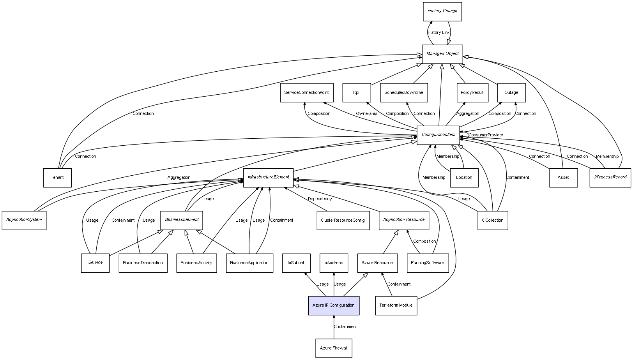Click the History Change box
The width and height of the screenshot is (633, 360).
442,11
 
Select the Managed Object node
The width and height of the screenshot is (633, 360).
442,54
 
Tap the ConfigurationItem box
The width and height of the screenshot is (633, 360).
438,135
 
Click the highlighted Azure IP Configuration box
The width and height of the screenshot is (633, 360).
334,305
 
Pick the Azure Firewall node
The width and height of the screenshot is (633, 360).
334,348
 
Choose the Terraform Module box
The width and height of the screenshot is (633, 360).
396,305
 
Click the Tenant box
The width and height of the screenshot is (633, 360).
57,178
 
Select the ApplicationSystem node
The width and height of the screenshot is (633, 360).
24,220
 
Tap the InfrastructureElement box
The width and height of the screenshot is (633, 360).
268,178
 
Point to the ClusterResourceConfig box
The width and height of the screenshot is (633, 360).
343,221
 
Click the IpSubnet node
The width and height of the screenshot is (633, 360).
296,263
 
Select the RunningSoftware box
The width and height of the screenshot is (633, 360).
428,263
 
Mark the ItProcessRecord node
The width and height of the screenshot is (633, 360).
610,178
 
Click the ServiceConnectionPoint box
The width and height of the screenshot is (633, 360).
306,93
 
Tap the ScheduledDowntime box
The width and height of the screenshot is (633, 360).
404,93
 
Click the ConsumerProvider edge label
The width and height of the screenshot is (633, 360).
486,135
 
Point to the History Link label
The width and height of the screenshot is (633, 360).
439,33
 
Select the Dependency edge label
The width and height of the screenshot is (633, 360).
320,199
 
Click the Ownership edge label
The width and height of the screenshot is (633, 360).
366,114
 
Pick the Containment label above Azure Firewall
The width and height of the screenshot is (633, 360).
345,327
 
